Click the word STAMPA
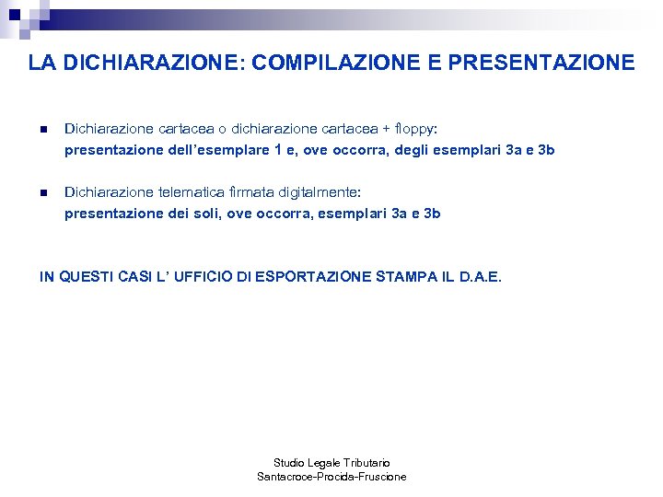click(405, 276)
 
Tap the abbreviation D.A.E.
click(480, 276)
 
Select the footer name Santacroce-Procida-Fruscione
click(331, 477)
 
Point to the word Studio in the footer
click(289, 462)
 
